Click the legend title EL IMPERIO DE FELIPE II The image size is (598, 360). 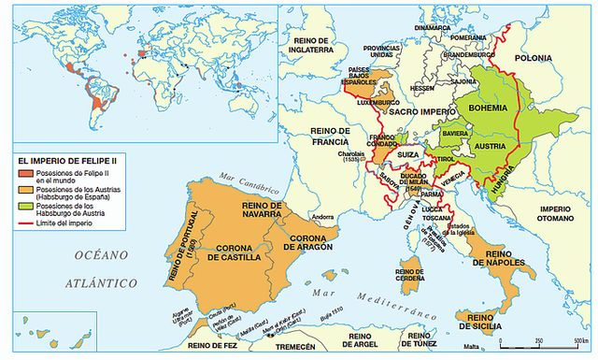[x=74, y=160]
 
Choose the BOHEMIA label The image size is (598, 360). [x=489, y=108]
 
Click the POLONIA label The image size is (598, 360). [x=558, y=57]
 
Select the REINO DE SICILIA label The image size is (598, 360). [x=483, y=324]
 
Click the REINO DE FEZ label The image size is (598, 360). [x=213, y=346]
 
